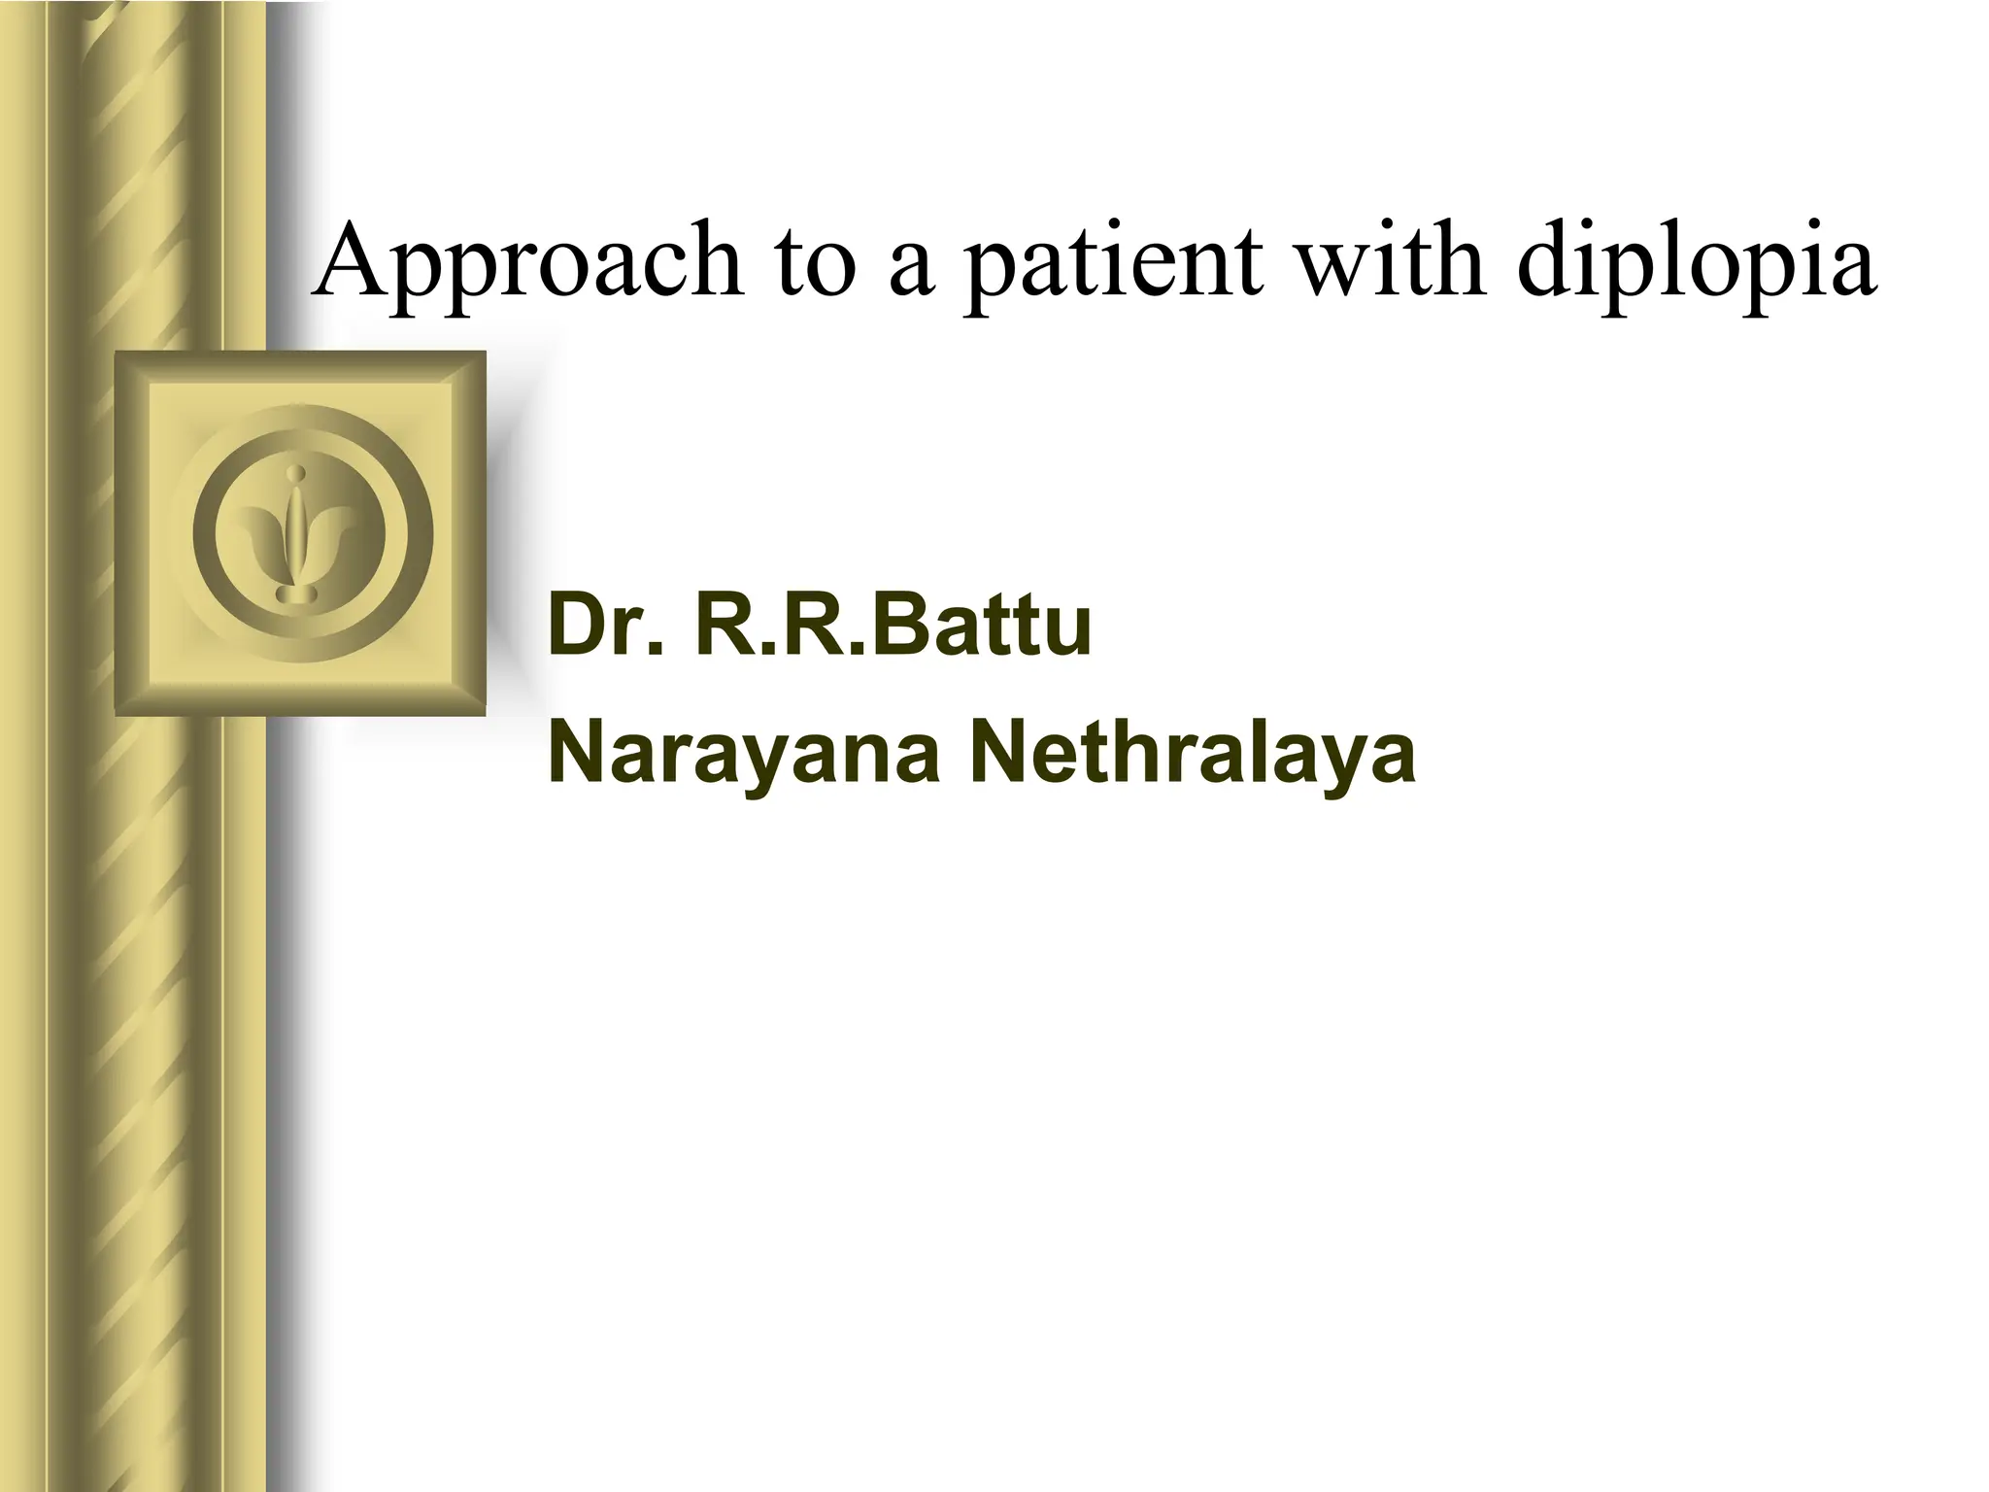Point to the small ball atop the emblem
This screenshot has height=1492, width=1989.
(x=300, y=475)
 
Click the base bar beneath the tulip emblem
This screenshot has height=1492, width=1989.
(x=300, y=593)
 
